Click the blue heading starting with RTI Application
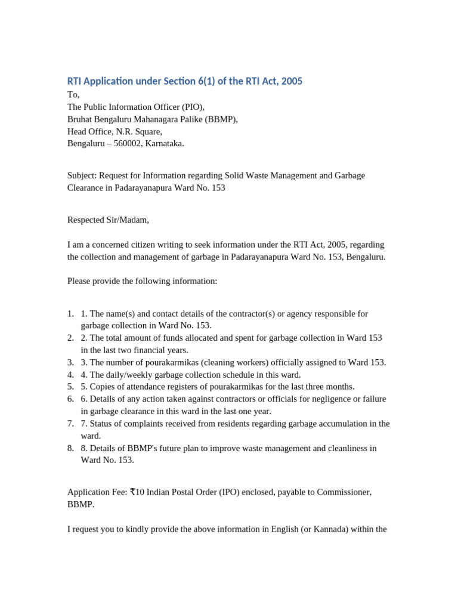pos(184,81)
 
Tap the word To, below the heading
pos(73,95)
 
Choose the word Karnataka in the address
pos(162,144)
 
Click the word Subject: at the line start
pos(82,175)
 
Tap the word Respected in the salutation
pos(87,220)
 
